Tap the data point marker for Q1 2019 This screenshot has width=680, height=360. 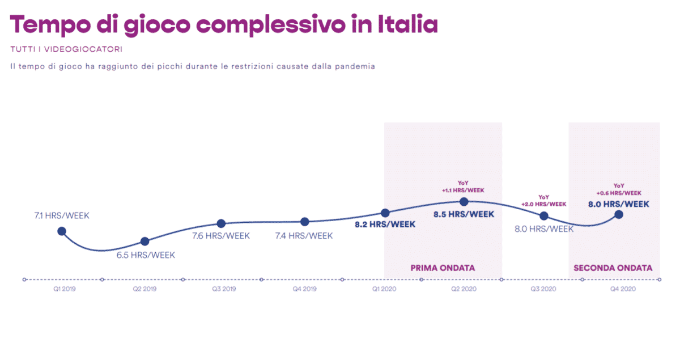[x=62, y=231]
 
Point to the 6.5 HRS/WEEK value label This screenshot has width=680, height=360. [x=146, y=255]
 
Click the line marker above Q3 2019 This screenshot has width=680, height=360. [x=221, y=224]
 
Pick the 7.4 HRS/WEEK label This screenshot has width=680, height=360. [x=304, y=236]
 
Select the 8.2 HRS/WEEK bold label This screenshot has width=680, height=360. [x=385, y=225]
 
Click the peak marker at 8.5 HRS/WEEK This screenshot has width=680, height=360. [x=464, y=201]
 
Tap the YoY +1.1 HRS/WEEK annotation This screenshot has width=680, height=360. [x=464, y=187]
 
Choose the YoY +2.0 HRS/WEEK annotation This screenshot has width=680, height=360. [x=543, y=200]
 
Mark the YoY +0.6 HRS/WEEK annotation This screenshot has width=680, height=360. [x=619, y=189]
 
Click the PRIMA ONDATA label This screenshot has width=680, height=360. [x=443, y=268]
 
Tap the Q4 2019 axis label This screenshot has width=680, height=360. [x=304, y=289]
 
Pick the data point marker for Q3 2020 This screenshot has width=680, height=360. [x=544, y=215]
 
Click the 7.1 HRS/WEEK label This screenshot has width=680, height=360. [x=62, y=215]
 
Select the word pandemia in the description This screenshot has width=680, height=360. [x=357, y=66]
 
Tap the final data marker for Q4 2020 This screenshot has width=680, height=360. [x=619, y=214]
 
